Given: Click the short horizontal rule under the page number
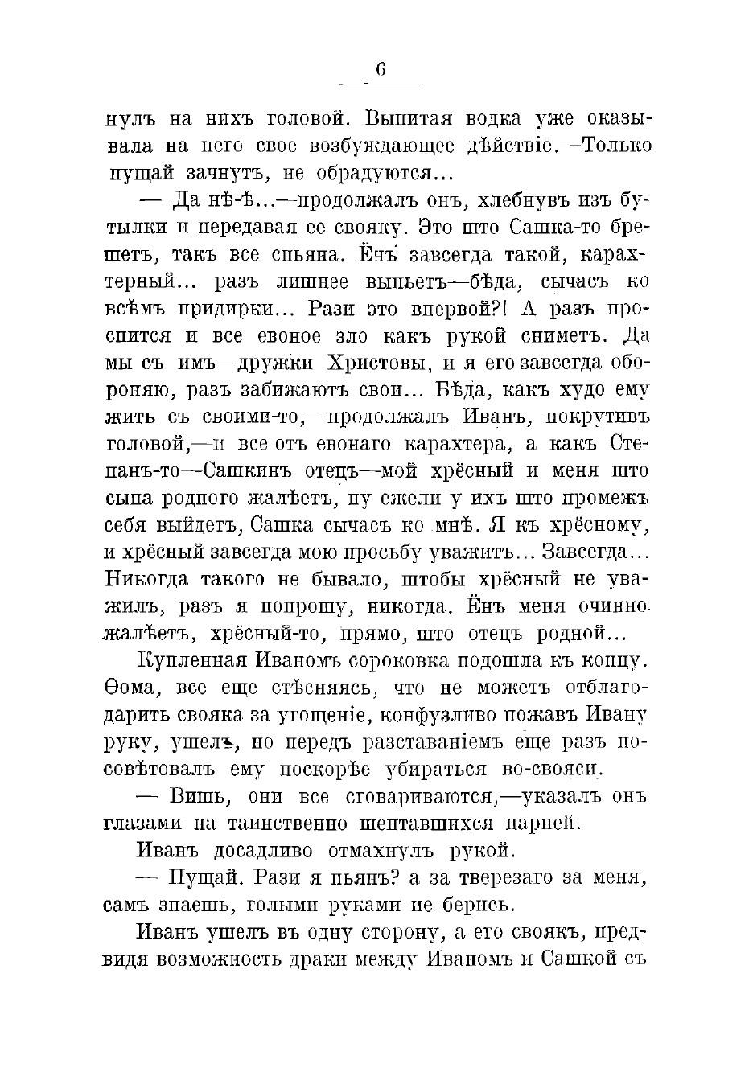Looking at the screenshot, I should (x=380, y=84).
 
